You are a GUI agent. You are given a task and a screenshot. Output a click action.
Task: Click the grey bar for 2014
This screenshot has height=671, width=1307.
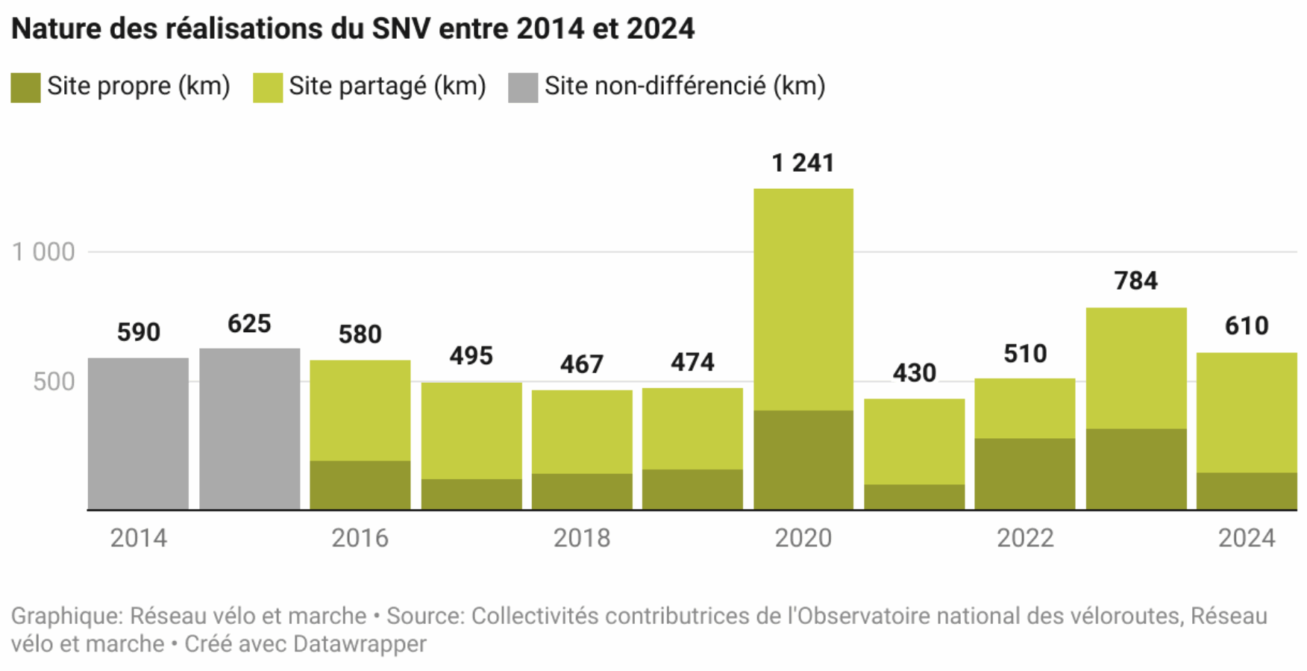[138, 434]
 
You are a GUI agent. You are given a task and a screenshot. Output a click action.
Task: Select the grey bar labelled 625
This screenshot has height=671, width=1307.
[249, 429]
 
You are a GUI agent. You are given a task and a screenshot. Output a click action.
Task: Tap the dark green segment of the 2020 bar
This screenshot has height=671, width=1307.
[803, 460]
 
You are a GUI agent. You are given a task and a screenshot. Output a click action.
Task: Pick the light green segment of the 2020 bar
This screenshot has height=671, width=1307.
[803, 299]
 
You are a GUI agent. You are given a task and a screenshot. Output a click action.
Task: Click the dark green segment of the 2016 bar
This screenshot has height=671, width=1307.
[360, 485]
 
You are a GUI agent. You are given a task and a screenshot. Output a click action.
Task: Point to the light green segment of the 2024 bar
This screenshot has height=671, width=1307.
[1246, 412]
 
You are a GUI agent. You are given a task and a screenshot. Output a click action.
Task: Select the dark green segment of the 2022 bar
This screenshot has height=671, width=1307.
[1024, 474]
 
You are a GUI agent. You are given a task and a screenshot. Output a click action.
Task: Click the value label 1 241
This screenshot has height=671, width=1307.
[803, 163]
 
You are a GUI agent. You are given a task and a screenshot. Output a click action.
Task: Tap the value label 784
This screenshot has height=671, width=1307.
[1135, 281]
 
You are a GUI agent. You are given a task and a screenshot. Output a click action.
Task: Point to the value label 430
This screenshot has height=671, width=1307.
[914, 372]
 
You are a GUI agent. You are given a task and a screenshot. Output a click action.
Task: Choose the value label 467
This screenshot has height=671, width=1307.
[581, 364]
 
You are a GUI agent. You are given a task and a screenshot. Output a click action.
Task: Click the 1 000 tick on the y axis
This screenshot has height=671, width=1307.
[44, 252]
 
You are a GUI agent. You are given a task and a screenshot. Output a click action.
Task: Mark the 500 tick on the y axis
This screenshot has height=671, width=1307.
[54, 381]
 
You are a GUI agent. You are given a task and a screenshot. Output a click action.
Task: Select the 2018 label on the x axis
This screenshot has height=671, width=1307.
[581, 538]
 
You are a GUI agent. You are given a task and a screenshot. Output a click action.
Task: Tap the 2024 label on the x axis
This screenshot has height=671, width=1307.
[1246, 538]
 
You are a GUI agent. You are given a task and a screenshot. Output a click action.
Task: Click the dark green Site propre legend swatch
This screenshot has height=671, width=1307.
[25, 87]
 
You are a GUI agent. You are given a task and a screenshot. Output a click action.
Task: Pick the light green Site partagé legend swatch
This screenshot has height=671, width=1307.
[268, 87]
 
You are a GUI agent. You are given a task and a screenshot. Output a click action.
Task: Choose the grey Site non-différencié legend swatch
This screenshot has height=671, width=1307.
[523, 87]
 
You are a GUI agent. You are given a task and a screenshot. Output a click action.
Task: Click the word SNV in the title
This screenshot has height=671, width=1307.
[401, 29]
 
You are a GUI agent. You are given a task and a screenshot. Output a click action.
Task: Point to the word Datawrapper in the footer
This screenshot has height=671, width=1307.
[360, 644]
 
